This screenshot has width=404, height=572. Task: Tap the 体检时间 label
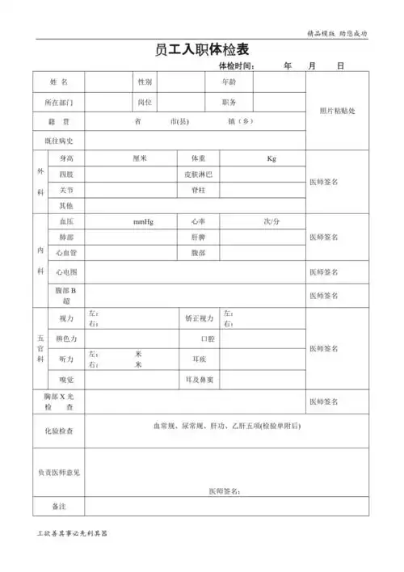(237, 66)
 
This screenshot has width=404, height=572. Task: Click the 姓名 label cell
(58, 83)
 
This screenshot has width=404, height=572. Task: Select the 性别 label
(145, 83)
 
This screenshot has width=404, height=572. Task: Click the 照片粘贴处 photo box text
(337, 111)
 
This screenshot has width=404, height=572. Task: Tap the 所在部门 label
(58, 103)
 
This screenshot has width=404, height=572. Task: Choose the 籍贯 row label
(58, 122)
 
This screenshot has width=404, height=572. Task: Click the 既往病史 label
(58, 141)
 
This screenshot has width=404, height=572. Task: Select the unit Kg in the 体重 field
(271, 158)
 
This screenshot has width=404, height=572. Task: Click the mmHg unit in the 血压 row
(144, 221)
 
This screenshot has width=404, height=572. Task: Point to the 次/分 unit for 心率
(271, 221)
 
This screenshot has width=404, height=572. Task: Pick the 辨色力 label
(66, 338)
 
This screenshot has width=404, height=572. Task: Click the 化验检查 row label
(58, 431)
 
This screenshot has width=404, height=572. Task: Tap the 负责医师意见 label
(58, 472)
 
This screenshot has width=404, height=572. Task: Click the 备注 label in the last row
(58, 507)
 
